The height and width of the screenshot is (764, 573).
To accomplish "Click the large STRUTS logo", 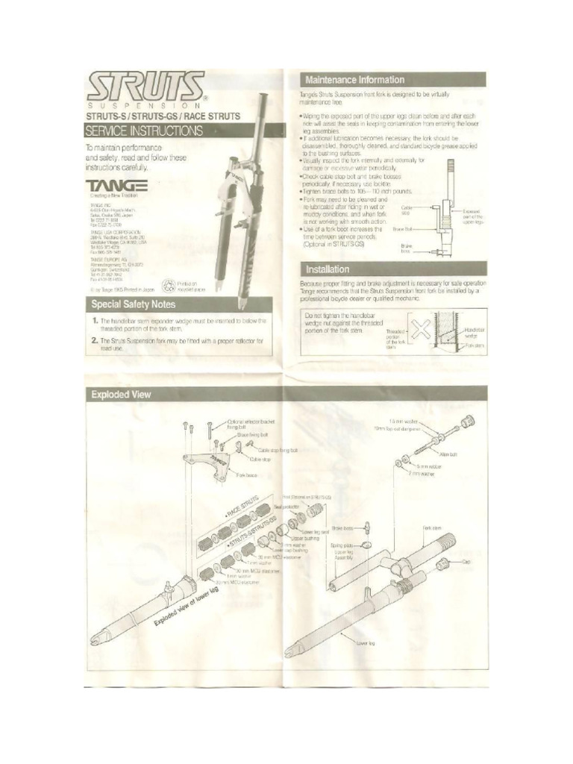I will click(146, 88).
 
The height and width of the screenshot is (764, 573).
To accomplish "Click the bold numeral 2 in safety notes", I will click(95, 340).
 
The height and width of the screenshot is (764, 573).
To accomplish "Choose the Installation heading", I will click(325, 269).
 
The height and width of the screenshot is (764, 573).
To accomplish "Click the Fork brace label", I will click(247, 475).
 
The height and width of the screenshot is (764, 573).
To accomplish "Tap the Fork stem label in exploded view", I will click(433, 527).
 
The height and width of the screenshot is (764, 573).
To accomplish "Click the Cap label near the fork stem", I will click(468, 560).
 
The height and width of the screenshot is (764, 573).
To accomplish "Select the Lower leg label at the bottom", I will click(366, 641).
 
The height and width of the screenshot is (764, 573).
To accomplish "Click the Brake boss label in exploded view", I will click(342, 528).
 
